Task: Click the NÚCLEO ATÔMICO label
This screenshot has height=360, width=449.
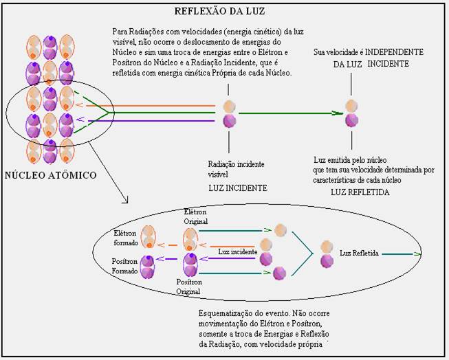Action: point(51,175)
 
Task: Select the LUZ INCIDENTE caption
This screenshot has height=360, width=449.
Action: point(237,188)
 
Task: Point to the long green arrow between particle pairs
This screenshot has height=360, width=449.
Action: point(289,113)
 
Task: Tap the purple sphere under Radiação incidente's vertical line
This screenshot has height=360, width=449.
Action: point(229,122)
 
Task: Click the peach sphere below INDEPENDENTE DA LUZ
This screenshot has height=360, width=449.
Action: point(351,105)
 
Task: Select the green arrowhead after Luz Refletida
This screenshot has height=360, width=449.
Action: point(417,254)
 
